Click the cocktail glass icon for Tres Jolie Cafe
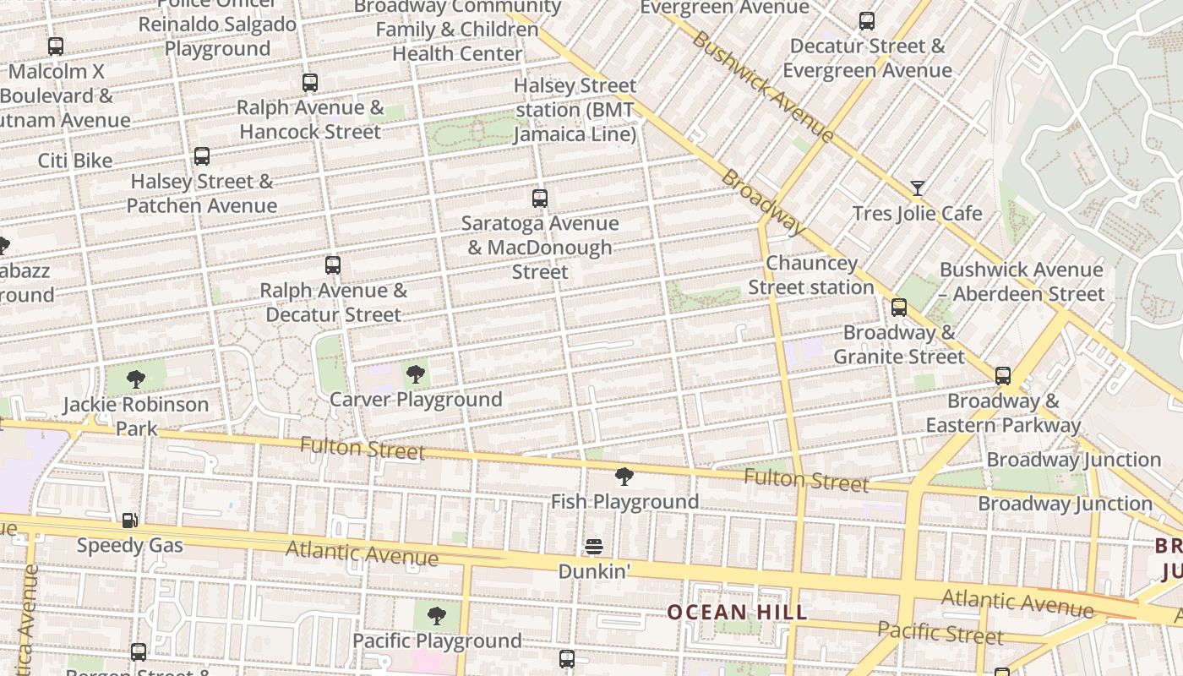pyautogui.click(x=917, y=188)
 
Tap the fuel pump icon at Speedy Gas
pyautogui.click(x=129, y=521)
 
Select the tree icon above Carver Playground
pyautogui.click(x=415, y=374)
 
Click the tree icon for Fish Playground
pyautogui.click(x=624, y=477)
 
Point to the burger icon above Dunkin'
pyautogui.click(x=594, y=548)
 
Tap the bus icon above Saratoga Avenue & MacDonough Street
pyautogui.click(x=540, y=199)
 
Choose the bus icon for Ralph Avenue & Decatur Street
pyautogui.click(x=333, y=265)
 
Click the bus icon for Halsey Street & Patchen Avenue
pyautogui.click(x=202, y=156)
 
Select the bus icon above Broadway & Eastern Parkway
pyautogui.click(x=1003, y=376)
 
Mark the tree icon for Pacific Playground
pyautogui.click(x=436, y=616)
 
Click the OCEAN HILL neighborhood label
pyautogui.click(x=737, y=612)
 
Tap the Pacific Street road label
pyautogui.click(x=940, y=632)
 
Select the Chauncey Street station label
pyautogui.click(x=811, y=275)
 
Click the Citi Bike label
pyautogui.click(x=75, y=161)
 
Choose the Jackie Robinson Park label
pyautogui.click(x=136, y=416)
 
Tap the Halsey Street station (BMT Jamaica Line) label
pyautogui.click(x=575, y=110)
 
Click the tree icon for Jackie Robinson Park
pyautogui.click(x=136, y=379)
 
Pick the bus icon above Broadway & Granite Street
pyautogui.click(x=899, y=308)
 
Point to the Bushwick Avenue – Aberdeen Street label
pyautogui.click(x=1022, y=282)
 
